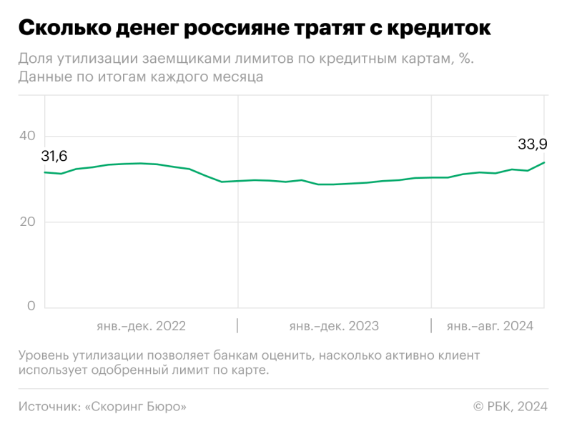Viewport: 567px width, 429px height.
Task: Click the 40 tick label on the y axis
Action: coord(28,136)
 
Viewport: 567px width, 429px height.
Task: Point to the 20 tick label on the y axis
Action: coord(28,222)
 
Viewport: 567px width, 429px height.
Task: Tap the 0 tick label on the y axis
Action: coord(31,306)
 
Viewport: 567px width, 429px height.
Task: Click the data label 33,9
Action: coord(533,144)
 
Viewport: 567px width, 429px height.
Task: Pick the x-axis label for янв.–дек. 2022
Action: coord(141,326)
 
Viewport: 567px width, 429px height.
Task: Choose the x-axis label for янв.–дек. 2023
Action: coord(334,326)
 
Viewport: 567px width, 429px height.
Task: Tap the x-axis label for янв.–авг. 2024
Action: coord(490,326)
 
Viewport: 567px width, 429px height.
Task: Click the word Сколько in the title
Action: coord(61,30)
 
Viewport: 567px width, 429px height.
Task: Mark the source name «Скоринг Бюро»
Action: coord(136,407)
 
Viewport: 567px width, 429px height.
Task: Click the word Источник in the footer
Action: coord(48,407)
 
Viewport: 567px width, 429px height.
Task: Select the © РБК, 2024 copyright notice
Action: coord(510,407)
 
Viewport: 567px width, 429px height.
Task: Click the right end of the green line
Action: coord(545,162)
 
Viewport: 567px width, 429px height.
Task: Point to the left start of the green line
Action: coord(44,172)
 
